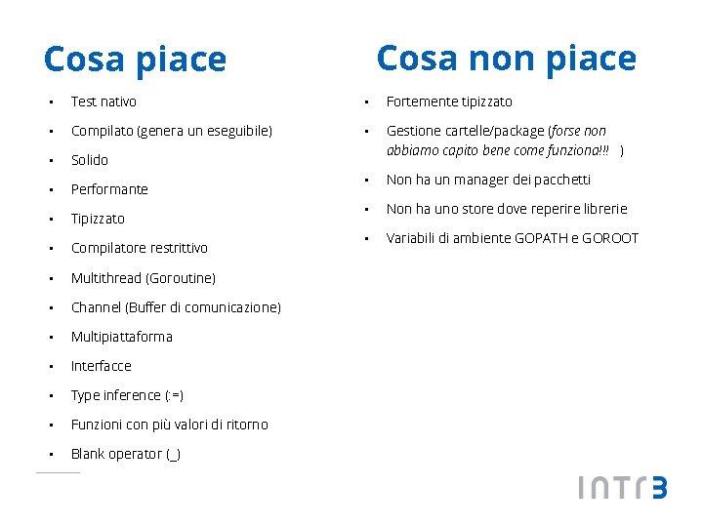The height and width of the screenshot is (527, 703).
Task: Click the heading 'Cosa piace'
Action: coord(135,61)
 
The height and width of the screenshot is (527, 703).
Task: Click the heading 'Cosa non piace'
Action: coord(506,59)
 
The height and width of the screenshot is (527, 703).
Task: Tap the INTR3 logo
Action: coord(622,487)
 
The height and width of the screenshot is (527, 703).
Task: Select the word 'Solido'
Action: coord(90,160)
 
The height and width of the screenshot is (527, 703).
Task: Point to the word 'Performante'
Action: coord(109,189)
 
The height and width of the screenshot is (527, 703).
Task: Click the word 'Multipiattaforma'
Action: coord(121,337)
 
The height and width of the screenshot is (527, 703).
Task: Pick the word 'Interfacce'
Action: coord(101,366)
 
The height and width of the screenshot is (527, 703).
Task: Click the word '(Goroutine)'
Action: coord(183,278)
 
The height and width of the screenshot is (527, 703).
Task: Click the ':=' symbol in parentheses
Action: coord(174,395)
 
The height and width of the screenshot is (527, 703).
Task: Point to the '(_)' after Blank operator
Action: coord(173,455)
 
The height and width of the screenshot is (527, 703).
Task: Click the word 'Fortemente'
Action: coord(421,101)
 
